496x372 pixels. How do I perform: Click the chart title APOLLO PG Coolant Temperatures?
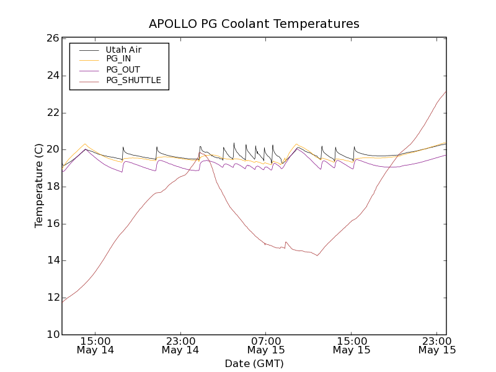[x=254, y=24]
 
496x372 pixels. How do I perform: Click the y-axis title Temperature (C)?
[x=39, y=186]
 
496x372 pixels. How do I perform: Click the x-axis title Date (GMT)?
[x=254, y=363]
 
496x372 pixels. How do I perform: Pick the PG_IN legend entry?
[x=118, y=59]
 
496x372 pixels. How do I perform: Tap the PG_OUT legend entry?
[x=122, y=69]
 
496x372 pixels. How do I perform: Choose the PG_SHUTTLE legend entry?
[x=133, y=80]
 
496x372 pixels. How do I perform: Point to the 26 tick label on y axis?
[x=52, y=38]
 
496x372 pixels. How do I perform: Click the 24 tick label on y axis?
[x=52, y=76]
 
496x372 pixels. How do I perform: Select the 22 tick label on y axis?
[x=52, y=113]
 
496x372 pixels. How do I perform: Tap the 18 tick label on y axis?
[x=52, y=187]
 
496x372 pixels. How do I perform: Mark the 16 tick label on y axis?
[x=52, y=224]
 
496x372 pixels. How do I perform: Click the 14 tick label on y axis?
[x=52, y=260]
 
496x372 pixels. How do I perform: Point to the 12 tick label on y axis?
[x=52, y=298]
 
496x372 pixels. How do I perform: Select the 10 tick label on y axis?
[x=52, y=335]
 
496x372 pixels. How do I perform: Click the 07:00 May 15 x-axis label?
[x=266, y=345]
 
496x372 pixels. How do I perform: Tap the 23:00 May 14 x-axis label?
[x=180, y=345]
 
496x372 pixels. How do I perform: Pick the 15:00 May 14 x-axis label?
[x=95, y=345]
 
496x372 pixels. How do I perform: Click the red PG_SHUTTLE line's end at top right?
[x=446, y=92]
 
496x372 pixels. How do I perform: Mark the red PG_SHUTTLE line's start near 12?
[x=63, y=302]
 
